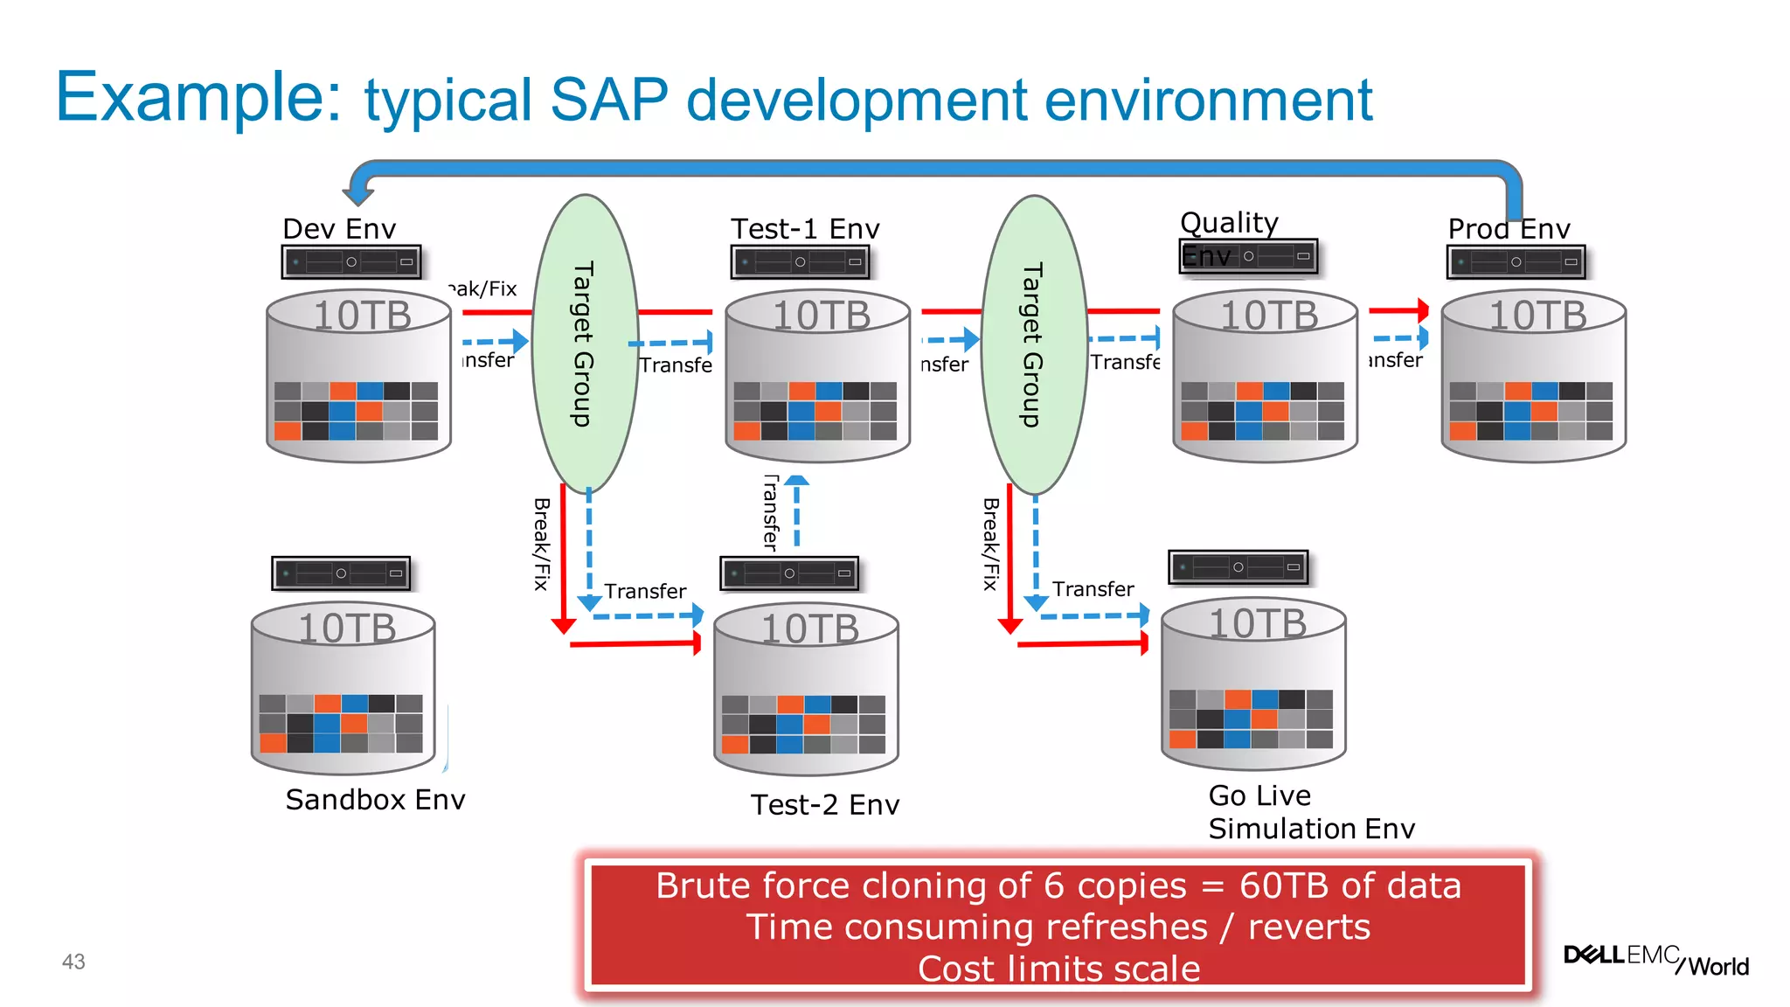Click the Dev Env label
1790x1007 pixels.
339,229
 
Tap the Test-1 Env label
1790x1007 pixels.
805,229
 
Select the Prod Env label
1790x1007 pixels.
1509,229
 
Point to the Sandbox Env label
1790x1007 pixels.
375,800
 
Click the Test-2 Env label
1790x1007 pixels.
825,805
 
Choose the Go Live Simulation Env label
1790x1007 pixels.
1310,812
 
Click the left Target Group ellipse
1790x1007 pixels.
585,344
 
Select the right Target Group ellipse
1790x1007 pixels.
1034,344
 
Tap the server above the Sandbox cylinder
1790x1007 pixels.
341,573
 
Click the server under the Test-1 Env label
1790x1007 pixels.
800,261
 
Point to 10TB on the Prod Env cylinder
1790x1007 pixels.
1537,316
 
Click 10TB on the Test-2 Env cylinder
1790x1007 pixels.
809,629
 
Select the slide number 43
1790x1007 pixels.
73,962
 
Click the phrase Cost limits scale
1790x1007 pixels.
1058,969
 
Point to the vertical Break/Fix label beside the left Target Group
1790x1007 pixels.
542,544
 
